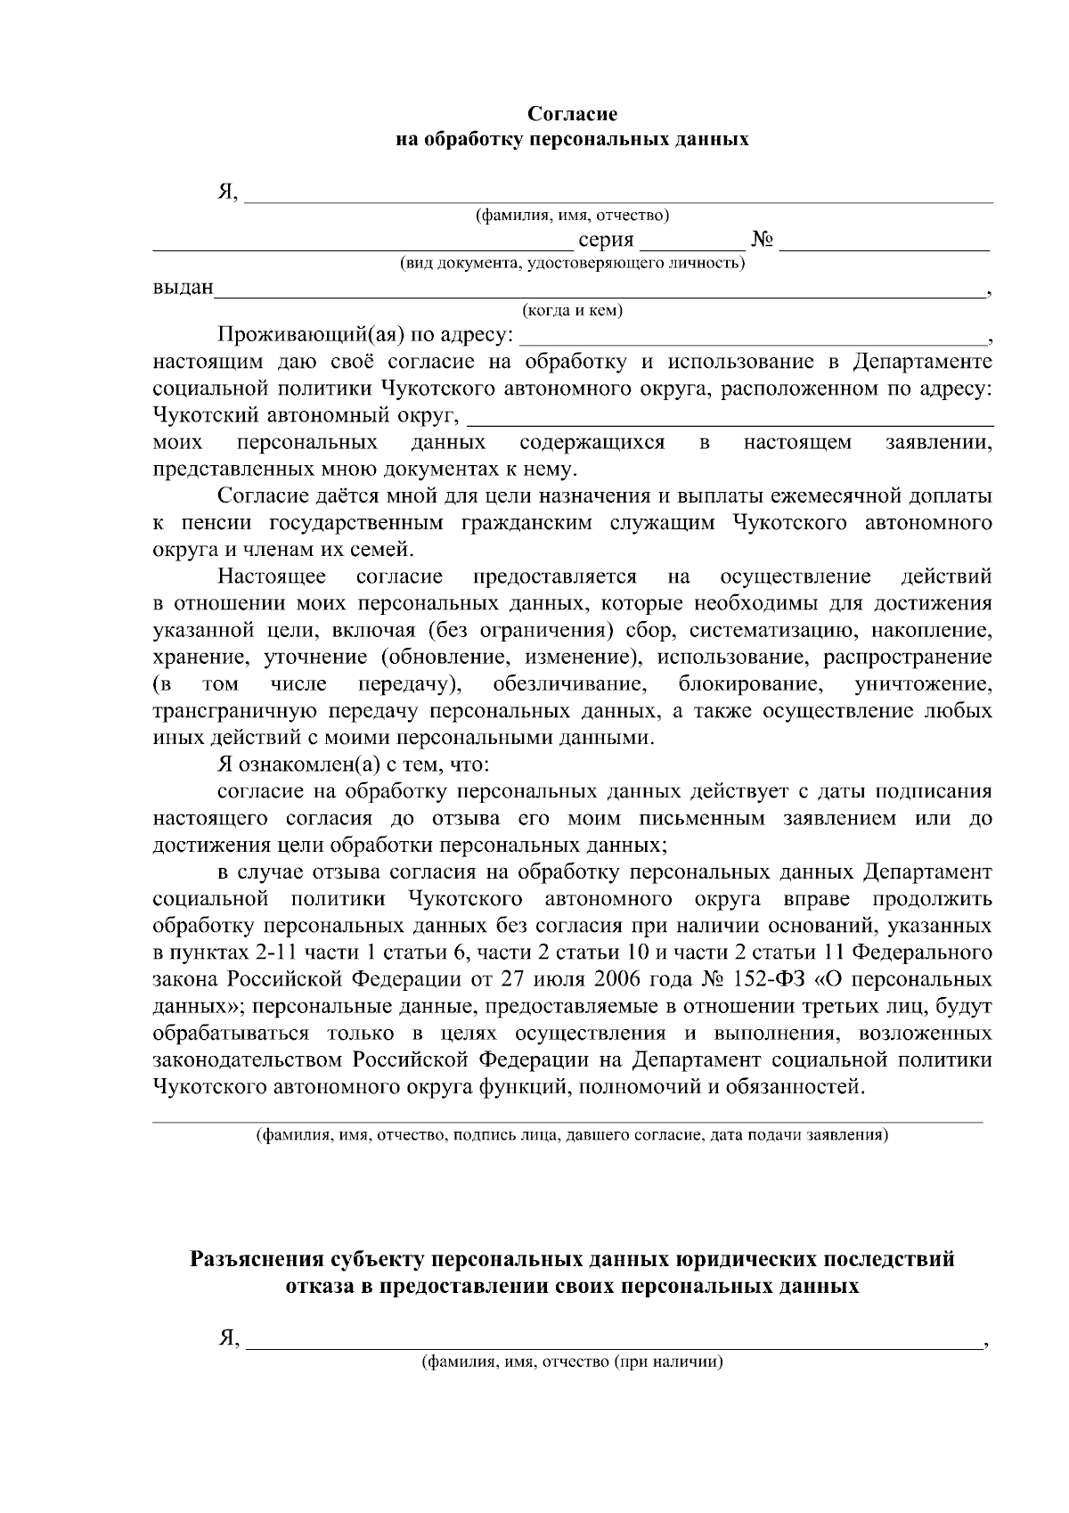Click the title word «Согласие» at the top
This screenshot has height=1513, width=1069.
[x=572, y=114]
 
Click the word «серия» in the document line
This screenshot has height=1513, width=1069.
[x=606, y=240]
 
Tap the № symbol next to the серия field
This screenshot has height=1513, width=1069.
[x=762, y=240]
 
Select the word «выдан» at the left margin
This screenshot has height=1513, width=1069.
[x=184, y=287]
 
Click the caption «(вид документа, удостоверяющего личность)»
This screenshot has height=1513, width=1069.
[x=572, y=263]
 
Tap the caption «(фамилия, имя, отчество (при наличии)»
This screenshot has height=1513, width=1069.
[x=572, y=1362]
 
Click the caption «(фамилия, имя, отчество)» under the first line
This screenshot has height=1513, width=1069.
[x=572, y=215]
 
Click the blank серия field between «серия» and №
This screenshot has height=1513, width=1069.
[x=692, y=242]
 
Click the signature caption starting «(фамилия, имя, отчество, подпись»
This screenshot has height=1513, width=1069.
[x=572, y=1136]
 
